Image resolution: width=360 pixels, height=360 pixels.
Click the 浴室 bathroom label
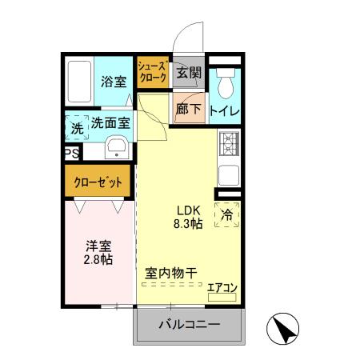pos(114,81)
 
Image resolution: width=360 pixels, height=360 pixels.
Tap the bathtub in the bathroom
pos(79,82)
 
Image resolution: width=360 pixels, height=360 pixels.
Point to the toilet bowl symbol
pos(224,80)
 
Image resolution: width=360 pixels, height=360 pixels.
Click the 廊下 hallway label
pos(189,110)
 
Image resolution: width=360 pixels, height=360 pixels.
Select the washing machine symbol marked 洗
pos(76,127)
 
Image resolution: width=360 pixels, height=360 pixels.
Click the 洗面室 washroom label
pos(110,124)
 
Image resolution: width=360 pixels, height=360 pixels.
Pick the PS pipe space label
pos(70,152)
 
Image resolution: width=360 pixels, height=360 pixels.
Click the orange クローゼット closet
pos(98,182)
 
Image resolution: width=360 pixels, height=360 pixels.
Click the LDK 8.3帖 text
pos(188,217)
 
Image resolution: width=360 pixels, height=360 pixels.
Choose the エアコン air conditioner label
pos(222,287)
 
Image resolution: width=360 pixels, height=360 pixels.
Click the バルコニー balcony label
pos(188,325)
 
